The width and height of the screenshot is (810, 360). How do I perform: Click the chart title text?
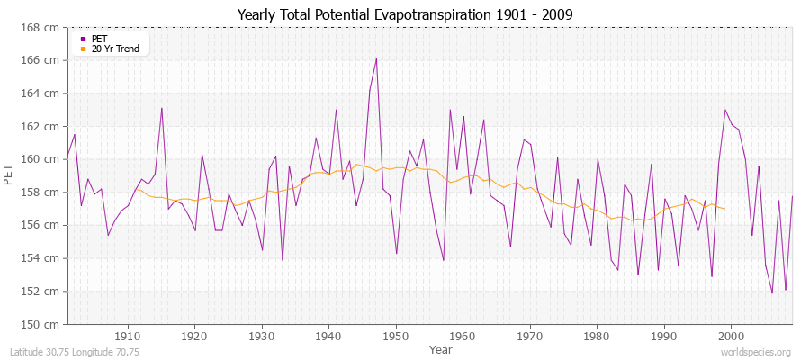(x=404, y=14)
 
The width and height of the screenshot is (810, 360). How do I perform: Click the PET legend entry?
(x=98, y=39)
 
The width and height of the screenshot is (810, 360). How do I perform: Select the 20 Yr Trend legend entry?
(x=115, y=49)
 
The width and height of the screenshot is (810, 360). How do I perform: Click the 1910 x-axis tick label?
(x=128, y=336)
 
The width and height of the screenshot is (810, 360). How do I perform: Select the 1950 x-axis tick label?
(x=396, y=336)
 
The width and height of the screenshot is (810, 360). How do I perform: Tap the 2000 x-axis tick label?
(x=732, y=336)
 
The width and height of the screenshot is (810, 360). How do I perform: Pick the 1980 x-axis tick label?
(x=598, y=336)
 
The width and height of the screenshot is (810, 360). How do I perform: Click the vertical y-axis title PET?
(x=9, y=175)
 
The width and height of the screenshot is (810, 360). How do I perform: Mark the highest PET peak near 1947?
(x=376, y=58)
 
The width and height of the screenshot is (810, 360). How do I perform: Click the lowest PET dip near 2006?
(x=772, y=292)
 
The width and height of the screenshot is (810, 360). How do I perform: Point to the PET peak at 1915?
(x=162, y=108)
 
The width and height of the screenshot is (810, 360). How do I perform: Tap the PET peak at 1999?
(x=725, y=110)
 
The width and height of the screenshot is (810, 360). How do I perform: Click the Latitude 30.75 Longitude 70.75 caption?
(x=72, y=353)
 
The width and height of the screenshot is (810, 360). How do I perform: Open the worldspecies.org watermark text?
(x=756, y=353)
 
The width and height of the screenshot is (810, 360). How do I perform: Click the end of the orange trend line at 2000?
(x=725, y=209)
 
